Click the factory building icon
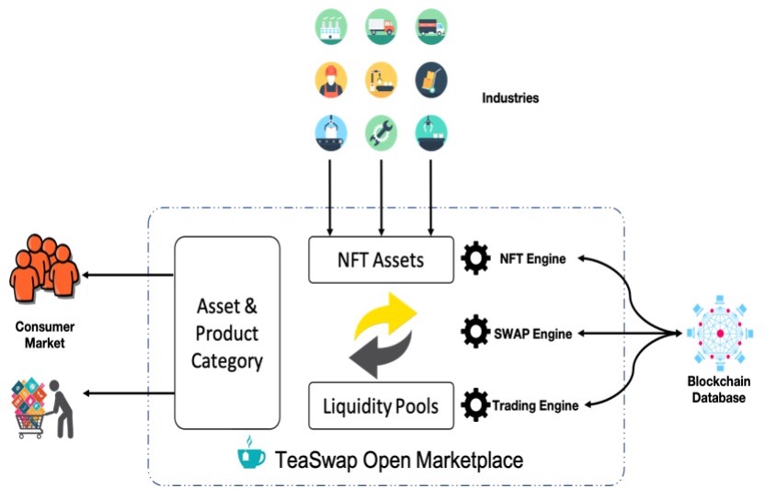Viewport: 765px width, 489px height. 330,27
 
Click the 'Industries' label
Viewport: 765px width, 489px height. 511,97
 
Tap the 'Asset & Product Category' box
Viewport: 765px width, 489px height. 226,333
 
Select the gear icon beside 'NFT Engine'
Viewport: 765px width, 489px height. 475,259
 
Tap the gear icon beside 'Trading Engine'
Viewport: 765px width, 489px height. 475,404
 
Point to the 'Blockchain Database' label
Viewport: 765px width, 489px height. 721,390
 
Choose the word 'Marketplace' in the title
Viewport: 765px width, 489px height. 464,458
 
